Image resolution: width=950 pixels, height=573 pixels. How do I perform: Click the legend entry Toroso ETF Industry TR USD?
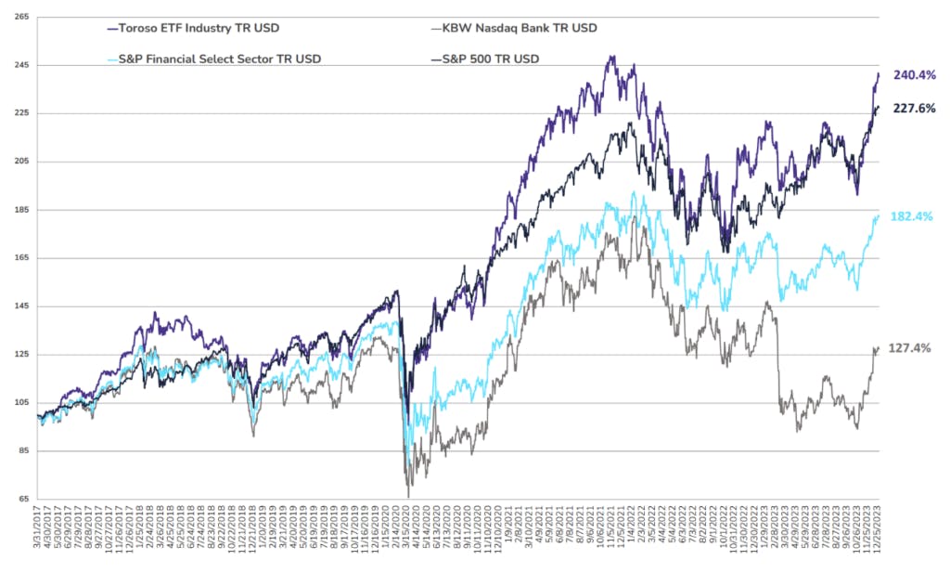click(x=186, y=28)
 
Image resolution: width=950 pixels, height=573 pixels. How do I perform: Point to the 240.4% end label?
click(x=914, y=75)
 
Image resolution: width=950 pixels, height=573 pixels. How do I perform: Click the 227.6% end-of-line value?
click(x=914, y=109)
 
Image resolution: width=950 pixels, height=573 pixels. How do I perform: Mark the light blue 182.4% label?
click(x=914, y=216)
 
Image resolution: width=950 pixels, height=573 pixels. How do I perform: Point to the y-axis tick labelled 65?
click(x=19, y=500)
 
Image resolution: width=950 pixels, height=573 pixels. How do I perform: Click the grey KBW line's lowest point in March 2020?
click(x=408, y=497)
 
